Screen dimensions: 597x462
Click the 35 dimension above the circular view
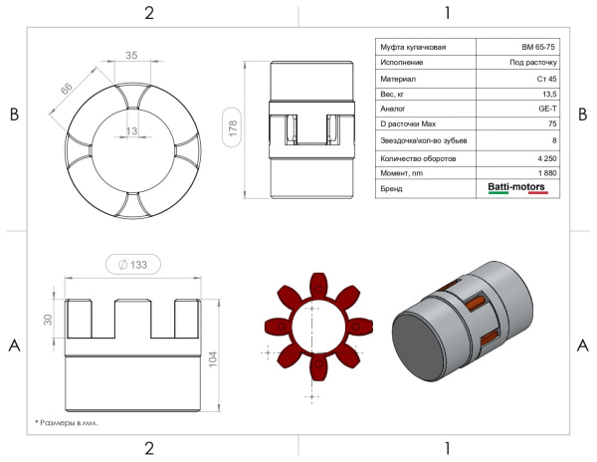pyautogui.click(x=131, y=55)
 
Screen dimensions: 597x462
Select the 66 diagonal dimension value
pyautogui.click(x=67, y=89)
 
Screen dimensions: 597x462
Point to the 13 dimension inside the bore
pyautogui.click(x=131, y=131)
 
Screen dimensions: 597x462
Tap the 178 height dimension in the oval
pyautogui.click(x=232, y=127)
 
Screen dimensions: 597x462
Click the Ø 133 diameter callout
pyautogui.click(x=133, y=264)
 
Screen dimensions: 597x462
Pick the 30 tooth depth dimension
pyautogui.click(x=48, y=320)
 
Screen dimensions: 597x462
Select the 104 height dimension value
pyautogui.click(x=213, y=359)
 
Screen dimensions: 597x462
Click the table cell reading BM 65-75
pyautogui.click(x=538, y=47)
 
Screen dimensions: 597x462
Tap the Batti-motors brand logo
pyautogui.click(x=517, y=188)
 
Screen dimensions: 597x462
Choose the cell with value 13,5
pyautogui.click(x=549, y=94)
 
